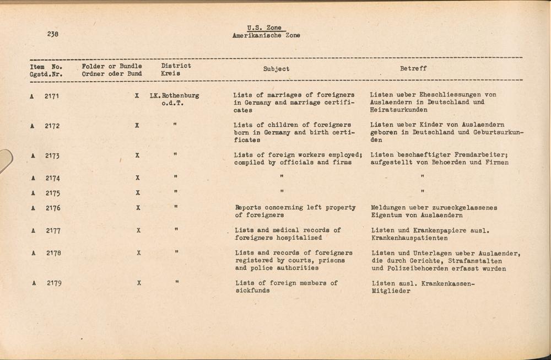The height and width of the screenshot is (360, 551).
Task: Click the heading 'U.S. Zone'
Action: pyautogui.click(x=264, y=28)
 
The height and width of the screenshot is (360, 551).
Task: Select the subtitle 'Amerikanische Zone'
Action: pyautogui.click(x=267, y=36)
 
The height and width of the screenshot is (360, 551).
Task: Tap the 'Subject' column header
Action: pyautogui.click(x=276, y=69)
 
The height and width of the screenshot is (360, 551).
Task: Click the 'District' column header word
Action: pyautogui.click(x=176, y=66)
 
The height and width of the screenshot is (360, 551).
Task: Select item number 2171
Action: pyautogui.click(x=52, y=96)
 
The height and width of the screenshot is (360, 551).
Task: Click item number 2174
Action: pyautogui.click(x=52, y=179)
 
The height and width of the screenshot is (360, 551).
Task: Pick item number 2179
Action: pyautogui.click(x=53, y=283)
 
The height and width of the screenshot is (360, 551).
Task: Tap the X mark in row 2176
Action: pyautogui.click(x=137, y=208)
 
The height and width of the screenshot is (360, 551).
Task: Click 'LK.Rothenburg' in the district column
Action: pyautogui.click(x=174, y=95)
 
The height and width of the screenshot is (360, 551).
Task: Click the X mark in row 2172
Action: pyautogui.click(x=137, y=126)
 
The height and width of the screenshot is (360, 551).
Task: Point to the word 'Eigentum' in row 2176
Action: pyautogui.click(x=388, y=216)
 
